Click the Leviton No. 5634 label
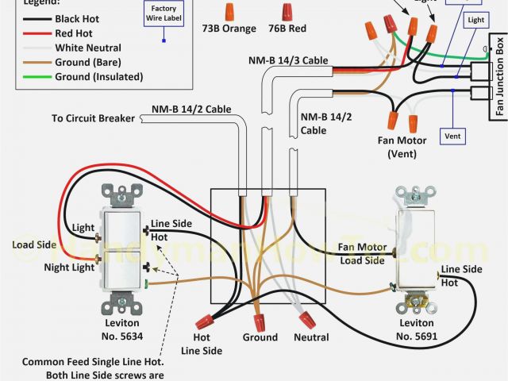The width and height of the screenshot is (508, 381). [x=121, y=329]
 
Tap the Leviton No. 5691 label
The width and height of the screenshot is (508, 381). [x=416, y=329]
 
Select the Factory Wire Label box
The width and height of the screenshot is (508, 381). [x=164, y=14]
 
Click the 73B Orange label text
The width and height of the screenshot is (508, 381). [x=229, y=29]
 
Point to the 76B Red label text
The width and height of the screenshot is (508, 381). [x=287, y=29]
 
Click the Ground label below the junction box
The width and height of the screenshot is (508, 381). [x=260, y=337]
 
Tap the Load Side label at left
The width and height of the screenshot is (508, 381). [x=34, y=244]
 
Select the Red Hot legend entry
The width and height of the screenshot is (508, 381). [x=74, y=33]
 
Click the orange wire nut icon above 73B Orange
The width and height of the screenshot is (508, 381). [x=229, y=10]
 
